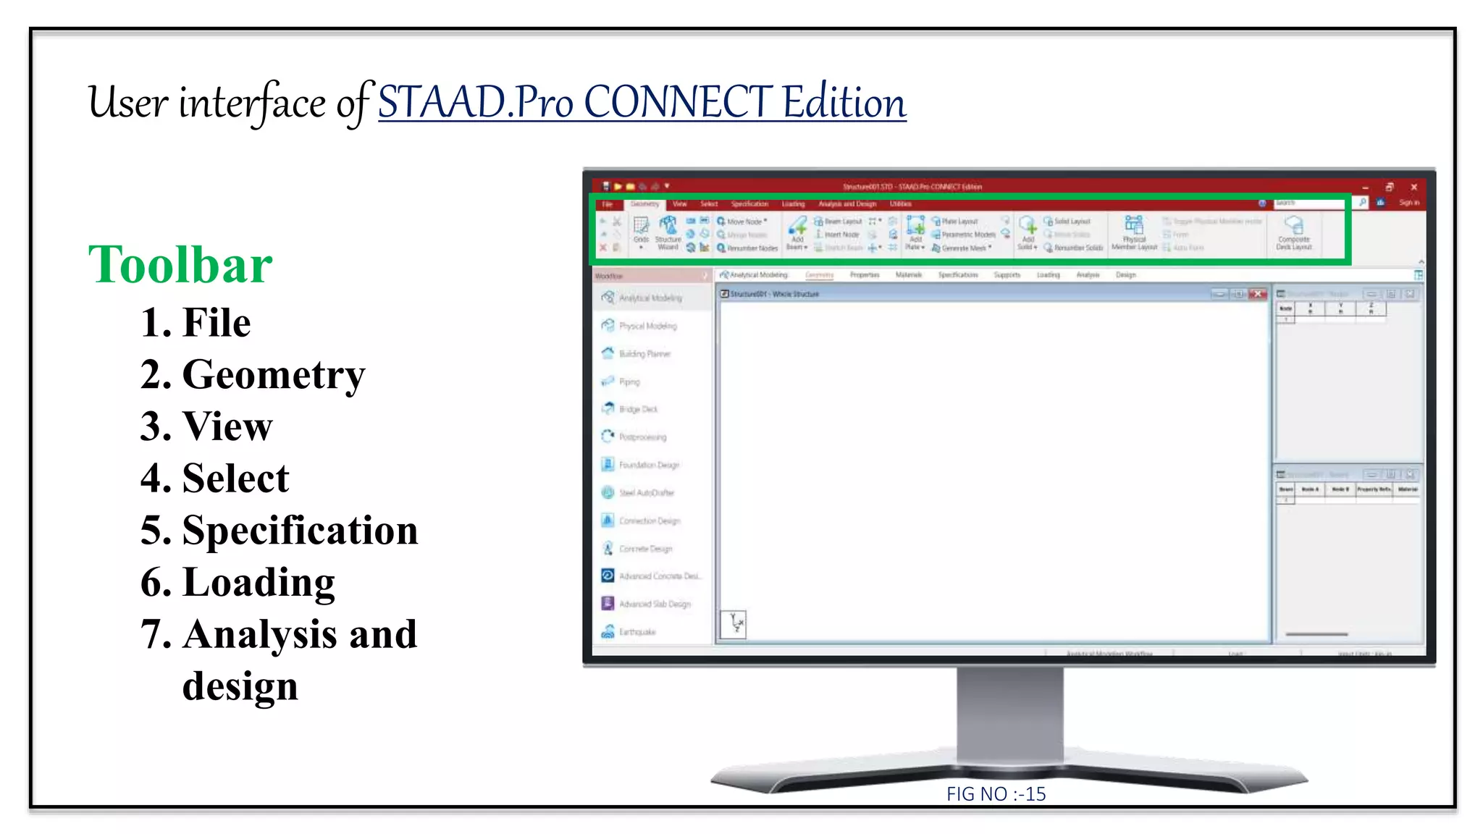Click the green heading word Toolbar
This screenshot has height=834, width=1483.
coord(180,265)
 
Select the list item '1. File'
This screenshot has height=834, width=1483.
coord(196,322)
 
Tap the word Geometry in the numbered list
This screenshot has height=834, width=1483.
coord(274,375)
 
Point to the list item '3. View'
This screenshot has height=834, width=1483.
coord(206,426)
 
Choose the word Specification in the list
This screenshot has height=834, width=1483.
coord(300,531)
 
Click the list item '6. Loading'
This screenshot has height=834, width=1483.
coord(238,583)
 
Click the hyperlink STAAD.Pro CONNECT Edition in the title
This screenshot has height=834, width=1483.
coord(642,102)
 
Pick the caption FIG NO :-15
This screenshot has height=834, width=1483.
coord(996,794)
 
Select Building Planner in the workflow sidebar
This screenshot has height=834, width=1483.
coord(644,354)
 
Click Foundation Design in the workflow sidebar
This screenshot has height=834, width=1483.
coord(648,465)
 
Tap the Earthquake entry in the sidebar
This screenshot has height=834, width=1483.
coord(637,632)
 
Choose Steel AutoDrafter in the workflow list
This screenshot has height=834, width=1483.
coord(646,493)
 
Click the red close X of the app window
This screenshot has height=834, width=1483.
coord(1413,187)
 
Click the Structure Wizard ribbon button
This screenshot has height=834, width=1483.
coord(668,232)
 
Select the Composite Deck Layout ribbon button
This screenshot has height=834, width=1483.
coord(1293,232)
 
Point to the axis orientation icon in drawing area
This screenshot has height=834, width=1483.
coord(734,623)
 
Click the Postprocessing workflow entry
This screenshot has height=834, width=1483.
coord(642,437)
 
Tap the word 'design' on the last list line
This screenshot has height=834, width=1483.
coord(240,686)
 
